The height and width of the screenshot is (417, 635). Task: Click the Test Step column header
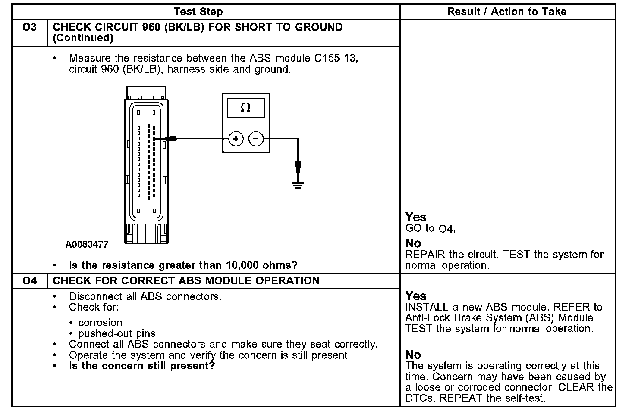point(198,12)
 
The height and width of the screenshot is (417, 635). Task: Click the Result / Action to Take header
point(506,12)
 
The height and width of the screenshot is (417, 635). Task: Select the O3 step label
point(29,27)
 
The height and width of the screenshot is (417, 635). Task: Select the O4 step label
point(29,281)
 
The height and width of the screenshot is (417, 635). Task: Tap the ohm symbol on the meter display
point(245,108)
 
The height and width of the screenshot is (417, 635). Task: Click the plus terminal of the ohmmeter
point(236,139)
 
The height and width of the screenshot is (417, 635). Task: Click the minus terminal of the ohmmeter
point(256,139)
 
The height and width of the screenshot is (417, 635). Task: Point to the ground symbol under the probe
point(298,185)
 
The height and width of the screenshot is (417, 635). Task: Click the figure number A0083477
point(87,245)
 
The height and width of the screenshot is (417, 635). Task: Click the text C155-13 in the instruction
point(336,58)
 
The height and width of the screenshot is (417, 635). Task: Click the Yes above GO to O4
point(415,217)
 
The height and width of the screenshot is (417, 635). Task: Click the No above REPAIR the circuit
point(413,243)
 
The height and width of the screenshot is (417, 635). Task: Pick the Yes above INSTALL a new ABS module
point(415,296)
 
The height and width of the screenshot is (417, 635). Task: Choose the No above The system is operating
point(413,355)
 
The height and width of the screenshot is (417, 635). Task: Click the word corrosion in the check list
point(100,323)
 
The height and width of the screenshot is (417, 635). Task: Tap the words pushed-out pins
point(117,333)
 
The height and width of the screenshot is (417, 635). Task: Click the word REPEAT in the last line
point(461,398)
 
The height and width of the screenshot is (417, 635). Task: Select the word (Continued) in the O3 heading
point(83,38)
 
